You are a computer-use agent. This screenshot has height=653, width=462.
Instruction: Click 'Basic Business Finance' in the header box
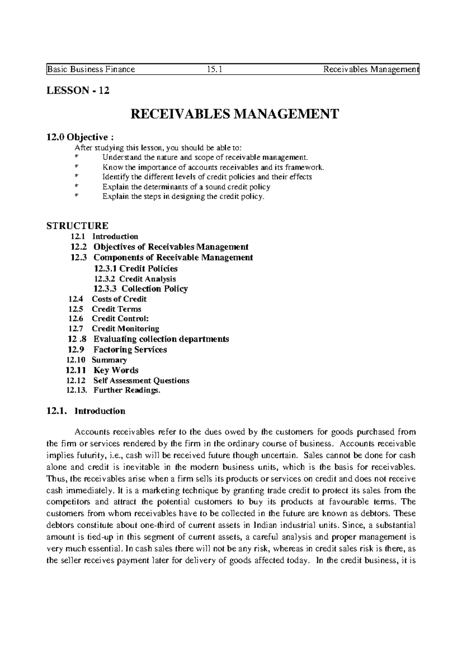pos(91,69)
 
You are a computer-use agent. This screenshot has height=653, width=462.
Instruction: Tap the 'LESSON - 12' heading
pos(78,91)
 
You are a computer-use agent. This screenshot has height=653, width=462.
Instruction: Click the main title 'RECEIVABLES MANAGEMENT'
pos(235,114)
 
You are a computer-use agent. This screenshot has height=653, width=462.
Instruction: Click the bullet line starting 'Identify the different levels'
pos(207,177)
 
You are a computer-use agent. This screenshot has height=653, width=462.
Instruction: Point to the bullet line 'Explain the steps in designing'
pos(183,197)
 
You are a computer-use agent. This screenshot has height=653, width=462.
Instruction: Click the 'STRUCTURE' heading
pos(77,225)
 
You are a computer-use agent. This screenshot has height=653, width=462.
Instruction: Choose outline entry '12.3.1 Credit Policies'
pos(136,268)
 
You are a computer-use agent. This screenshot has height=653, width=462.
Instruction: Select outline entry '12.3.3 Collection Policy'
pos(141,288)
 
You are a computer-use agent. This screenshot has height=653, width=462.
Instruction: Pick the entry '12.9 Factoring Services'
pos(117,350)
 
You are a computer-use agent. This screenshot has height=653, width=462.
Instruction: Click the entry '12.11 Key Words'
pos(102,370)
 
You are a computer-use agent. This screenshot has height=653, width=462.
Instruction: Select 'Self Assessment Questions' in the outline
pos(141,380)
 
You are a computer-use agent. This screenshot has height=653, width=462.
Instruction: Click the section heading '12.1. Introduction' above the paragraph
pos(85,411)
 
